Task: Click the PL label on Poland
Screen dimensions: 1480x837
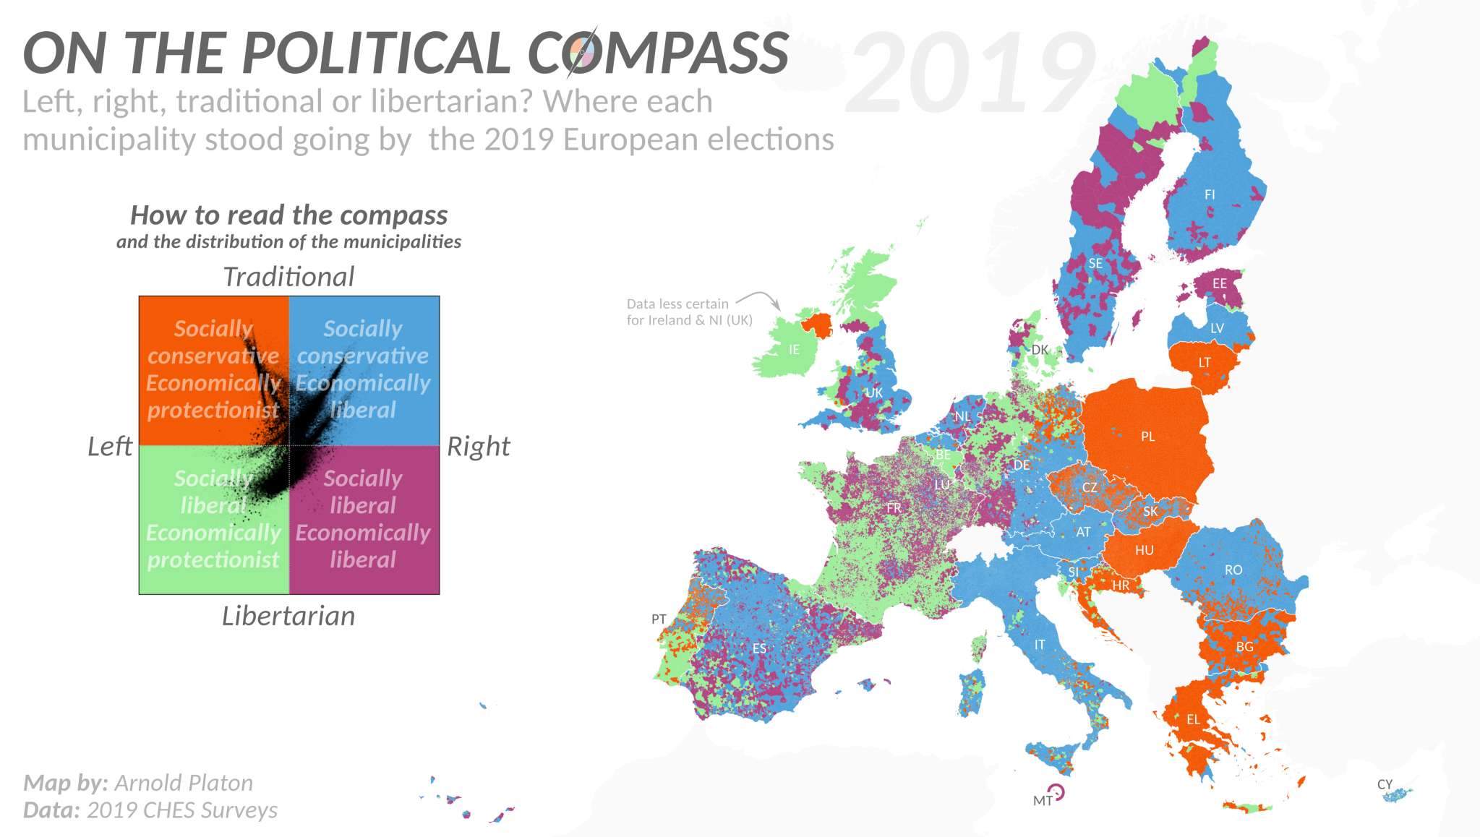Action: [1147, 437]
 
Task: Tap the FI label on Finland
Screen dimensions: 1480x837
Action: [1210, 194]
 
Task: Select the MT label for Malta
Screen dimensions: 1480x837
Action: [1043, 801]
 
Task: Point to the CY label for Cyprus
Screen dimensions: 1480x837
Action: [1385, 784]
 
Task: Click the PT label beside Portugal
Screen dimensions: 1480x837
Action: [659, 619]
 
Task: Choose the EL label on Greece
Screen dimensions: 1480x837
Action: [1193, 720]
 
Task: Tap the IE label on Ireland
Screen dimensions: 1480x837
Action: [794, 350]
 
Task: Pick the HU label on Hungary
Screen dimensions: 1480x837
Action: [1144, 551]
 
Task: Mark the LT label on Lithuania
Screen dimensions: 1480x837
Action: [1205, 363]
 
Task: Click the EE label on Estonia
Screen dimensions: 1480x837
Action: [1220, 283]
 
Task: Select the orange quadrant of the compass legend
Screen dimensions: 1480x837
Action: [214, 370]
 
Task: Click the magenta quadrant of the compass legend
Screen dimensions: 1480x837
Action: [364, 520]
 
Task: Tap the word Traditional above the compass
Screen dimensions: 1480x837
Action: [288, 277]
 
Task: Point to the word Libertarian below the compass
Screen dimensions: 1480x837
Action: [288, 616]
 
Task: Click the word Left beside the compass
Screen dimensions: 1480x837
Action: [110, 447]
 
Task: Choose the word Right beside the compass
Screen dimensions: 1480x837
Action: [479, 447]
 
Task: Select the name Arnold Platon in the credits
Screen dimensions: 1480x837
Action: [184, 783]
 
